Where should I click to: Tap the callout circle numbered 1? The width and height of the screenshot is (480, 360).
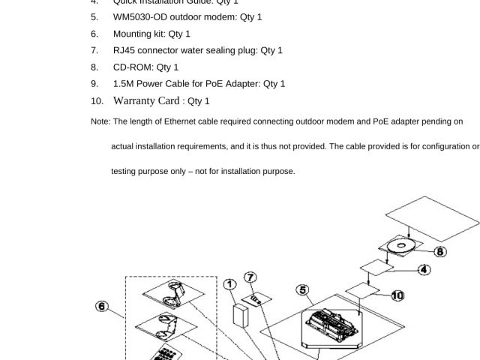[x=230, y=284]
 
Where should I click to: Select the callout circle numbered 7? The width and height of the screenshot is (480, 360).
[x=250, y=277]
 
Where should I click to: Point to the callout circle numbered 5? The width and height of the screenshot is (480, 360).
[x=302, y=290]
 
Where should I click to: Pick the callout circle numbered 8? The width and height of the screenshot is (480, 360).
[x=440, y=252]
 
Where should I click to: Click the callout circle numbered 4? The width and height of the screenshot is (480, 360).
[x=424, y=269]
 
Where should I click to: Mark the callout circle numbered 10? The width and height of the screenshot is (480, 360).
[x=397, y=295]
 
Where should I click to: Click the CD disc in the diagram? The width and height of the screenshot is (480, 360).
[x=401, y=245]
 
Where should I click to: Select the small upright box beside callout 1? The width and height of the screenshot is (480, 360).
[x=241, y=315]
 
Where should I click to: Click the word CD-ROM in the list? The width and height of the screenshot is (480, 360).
[x=130, y=67]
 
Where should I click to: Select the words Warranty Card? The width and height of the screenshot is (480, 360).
[x=146, y=100]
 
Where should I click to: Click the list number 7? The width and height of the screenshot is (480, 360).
[x=94, y=50]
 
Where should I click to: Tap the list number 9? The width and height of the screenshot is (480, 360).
[x=94, y=84]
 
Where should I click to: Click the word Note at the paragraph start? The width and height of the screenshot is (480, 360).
[x=100, y=121]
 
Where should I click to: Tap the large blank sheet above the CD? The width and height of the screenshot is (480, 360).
[x=431, y=217]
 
